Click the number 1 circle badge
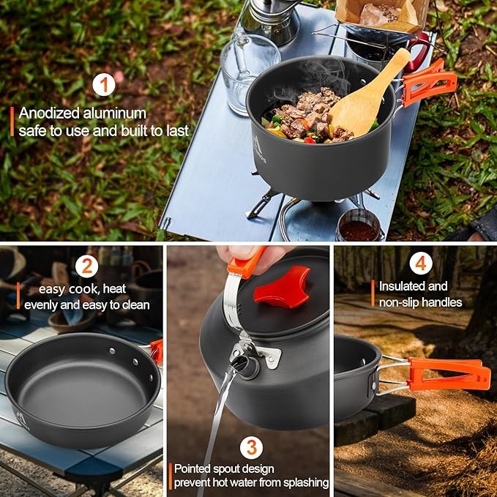[x=104, y=85]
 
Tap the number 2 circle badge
[x=86, y=265]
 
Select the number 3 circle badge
[x=250, y=446]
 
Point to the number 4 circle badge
[x=420, y=263]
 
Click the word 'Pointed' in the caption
[x=195, y=468]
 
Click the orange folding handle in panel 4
[x=447, y=373]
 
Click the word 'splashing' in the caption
[x=302, y=483]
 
